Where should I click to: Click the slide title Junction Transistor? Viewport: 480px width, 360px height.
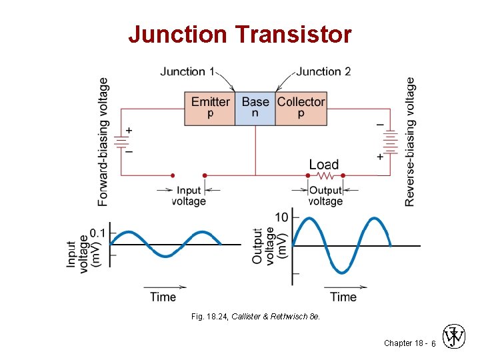point(239,34)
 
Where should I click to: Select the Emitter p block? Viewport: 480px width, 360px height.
point(210,107)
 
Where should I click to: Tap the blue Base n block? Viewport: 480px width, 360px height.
point(255,107)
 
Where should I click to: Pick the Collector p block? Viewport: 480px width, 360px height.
point(301,107)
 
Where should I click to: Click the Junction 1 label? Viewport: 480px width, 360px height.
point(187,71)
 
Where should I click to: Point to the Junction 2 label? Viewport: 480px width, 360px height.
point(323,71)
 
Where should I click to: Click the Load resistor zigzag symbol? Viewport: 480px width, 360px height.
point(325,176)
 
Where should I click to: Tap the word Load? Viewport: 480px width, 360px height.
point(324,164)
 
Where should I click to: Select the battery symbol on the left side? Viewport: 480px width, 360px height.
point(121,141)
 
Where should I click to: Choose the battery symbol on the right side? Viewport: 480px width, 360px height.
point(391,141)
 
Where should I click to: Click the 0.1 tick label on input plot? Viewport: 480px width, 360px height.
point(97,233)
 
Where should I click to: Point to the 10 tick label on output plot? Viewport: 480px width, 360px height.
point(281,217)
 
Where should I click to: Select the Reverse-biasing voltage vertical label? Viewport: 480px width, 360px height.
point(410,141)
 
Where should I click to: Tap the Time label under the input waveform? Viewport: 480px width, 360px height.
point(163,297)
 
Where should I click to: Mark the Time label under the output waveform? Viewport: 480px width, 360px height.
point(343,297)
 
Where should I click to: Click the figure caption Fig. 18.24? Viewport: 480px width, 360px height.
point(255,317)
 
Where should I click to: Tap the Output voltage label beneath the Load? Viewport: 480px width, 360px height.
point(325,196)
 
